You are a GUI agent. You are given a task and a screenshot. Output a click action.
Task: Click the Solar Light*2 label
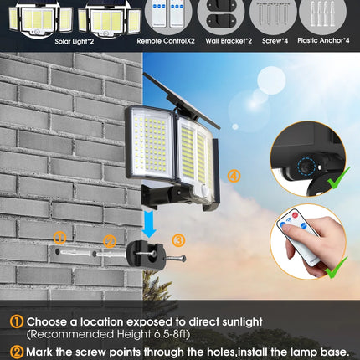point(74,39)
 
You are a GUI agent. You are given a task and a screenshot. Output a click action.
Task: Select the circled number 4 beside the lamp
point(234,176)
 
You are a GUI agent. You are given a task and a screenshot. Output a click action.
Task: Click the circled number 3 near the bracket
point(178,239)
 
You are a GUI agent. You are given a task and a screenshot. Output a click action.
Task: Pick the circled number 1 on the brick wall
point(59,237)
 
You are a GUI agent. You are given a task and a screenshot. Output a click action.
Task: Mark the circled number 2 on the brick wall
point(109,241)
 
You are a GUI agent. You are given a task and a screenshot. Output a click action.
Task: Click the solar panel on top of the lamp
point(180,99)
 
